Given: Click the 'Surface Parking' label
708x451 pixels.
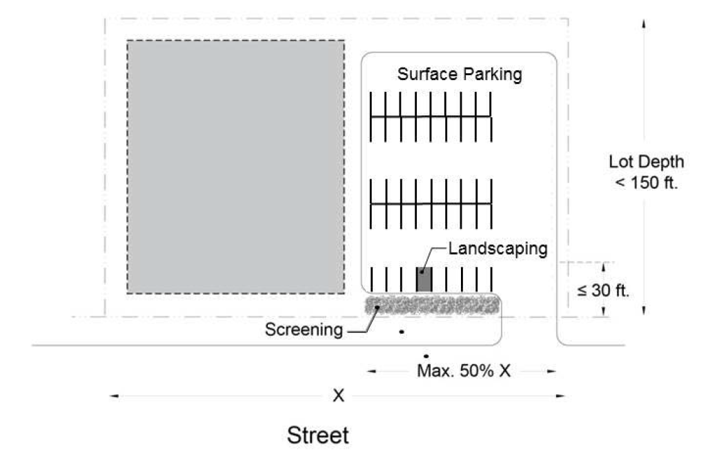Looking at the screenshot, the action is tap(459, 74).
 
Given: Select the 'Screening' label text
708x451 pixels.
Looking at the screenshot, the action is tap(304, 330).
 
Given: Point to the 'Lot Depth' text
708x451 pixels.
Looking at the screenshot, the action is tap(647, 163).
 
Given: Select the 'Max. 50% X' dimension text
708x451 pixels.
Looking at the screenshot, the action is tap(463, 371).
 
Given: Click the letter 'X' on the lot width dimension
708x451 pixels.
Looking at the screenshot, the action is tap(338, 396).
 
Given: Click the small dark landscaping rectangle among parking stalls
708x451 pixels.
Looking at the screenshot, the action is tap(424, 279).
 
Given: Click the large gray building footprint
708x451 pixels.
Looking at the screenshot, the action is tap(235, 166).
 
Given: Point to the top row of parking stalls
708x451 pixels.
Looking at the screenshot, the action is tap(431, 117).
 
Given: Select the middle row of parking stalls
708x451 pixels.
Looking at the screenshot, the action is tap(431, 203).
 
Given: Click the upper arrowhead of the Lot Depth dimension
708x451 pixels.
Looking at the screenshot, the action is tap(644, 22).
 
